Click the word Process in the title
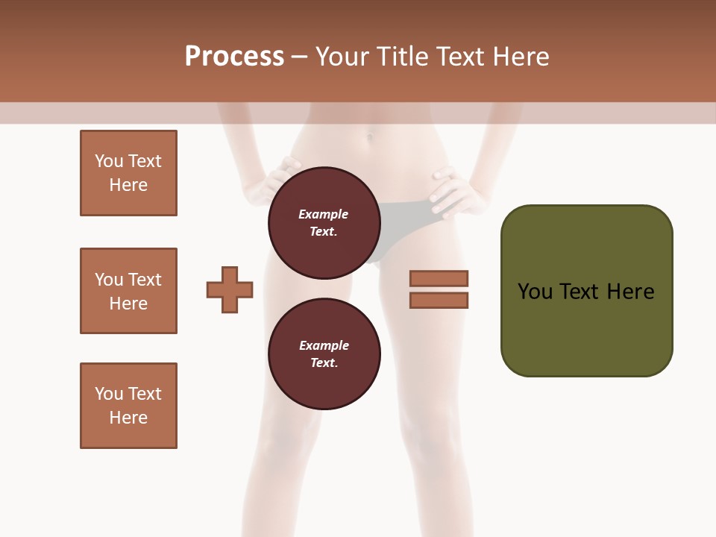[234, 57]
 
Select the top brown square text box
[128, 173]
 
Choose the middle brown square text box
[128, 291]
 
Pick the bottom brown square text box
[128, 406]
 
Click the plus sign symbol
[230, 289]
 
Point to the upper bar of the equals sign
[439, 278]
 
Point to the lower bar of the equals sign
[439, 301]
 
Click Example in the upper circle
[324, 214]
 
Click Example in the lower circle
[324, 345]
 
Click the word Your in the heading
[342, 57]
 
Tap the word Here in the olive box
[631, 292]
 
